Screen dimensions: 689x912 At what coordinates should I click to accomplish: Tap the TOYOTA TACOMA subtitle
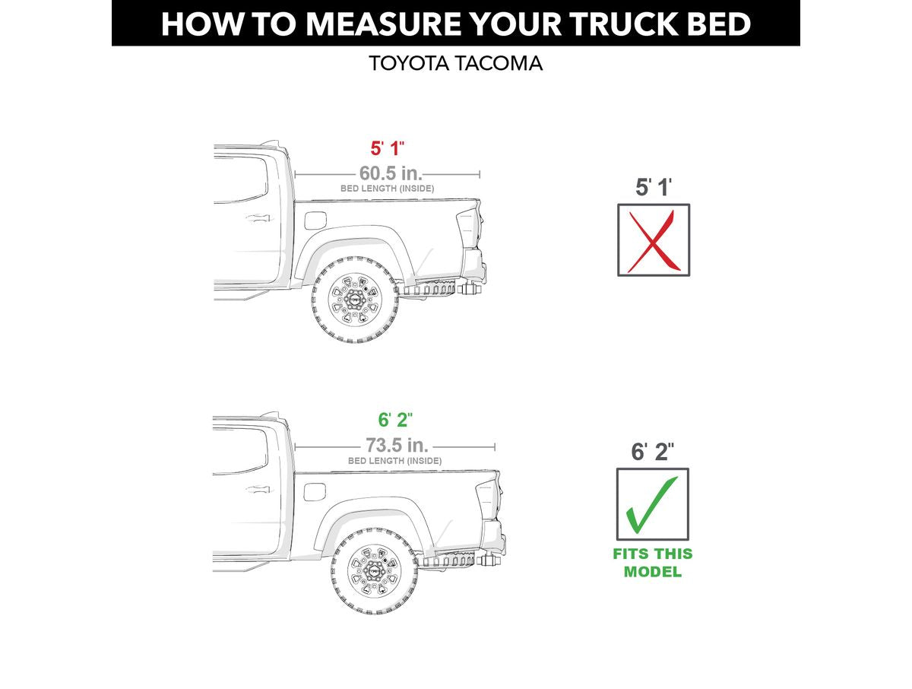[455, 63]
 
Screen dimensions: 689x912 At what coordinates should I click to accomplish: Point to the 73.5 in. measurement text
[397, 446]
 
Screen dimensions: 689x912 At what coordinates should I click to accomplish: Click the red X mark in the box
[653, 240]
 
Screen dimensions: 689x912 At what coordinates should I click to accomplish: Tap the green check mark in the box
[651, 504]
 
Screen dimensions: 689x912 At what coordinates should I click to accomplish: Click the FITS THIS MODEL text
[652, 563]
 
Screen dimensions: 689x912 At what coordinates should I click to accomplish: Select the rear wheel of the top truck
[354, 300]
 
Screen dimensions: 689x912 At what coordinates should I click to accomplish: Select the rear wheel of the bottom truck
[373, 571]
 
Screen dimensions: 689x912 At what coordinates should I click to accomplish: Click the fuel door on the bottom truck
[315, 492]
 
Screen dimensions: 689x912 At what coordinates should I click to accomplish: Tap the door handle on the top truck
[258, 218]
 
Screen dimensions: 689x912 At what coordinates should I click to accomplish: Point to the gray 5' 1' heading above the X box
[653, 187]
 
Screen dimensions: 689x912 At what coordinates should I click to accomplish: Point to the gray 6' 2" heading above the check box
[653, 452]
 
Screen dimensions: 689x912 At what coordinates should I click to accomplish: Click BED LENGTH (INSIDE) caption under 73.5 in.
[394, 461]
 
